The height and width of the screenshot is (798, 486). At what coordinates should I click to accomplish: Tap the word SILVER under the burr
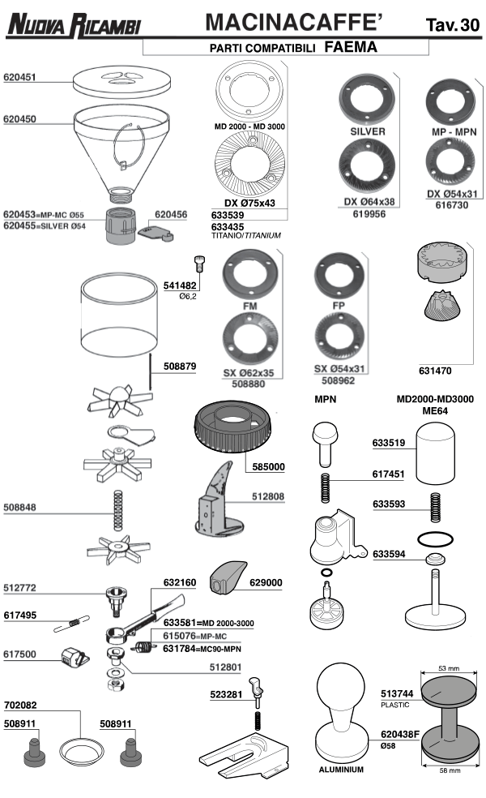click(x=368, y=131)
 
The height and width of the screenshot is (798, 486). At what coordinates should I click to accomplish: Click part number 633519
click(x=390, y=444)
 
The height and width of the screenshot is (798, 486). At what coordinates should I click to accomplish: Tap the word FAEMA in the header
click(x=351, y=47)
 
